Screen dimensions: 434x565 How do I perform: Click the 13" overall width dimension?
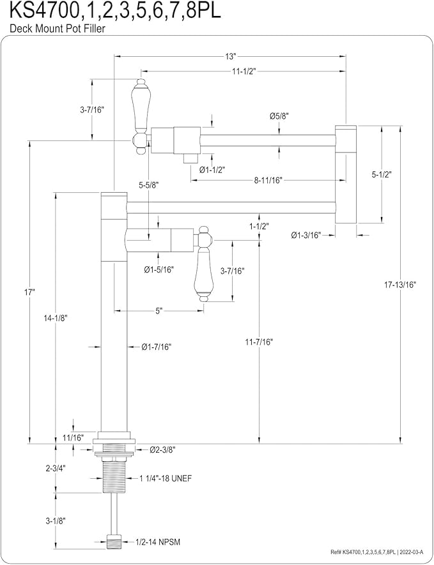[x=230, y=57]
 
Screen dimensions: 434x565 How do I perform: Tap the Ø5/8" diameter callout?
[x=279, y=116]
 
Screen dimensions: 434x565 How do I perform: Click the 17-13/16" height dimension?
[x=400, y=284]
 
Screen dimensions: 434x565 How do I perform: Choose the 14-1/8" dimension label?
[x=55, y=318]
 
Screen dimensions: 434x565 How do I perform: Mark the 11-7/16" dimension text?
[x=260, y=342]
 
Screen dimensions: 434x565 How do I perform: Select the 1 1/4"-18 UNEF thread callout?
[x=166, y=478]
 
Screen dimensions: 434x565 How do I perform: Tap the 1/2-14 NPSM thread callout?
[x=157, y=541]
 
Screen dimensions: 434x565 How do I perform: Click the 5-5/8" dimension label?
[x=149, y=185]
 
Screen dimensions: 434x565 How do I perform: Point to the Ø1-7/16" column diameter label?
[x=156, y=347]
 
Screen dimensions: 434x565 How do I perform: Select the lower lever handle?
[x=204, y=265]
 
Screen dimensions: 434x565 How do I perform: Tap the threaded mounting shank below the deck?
[x=114, y=474]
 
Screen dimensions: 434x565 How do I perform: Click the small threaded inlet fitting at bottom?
[x=114, y=541]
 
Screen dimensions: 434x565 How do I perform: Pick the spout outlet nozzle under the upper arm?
[x=191, y=158]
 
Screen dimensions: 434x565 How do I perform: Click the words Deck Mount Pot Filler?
[x=58, y=28]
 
